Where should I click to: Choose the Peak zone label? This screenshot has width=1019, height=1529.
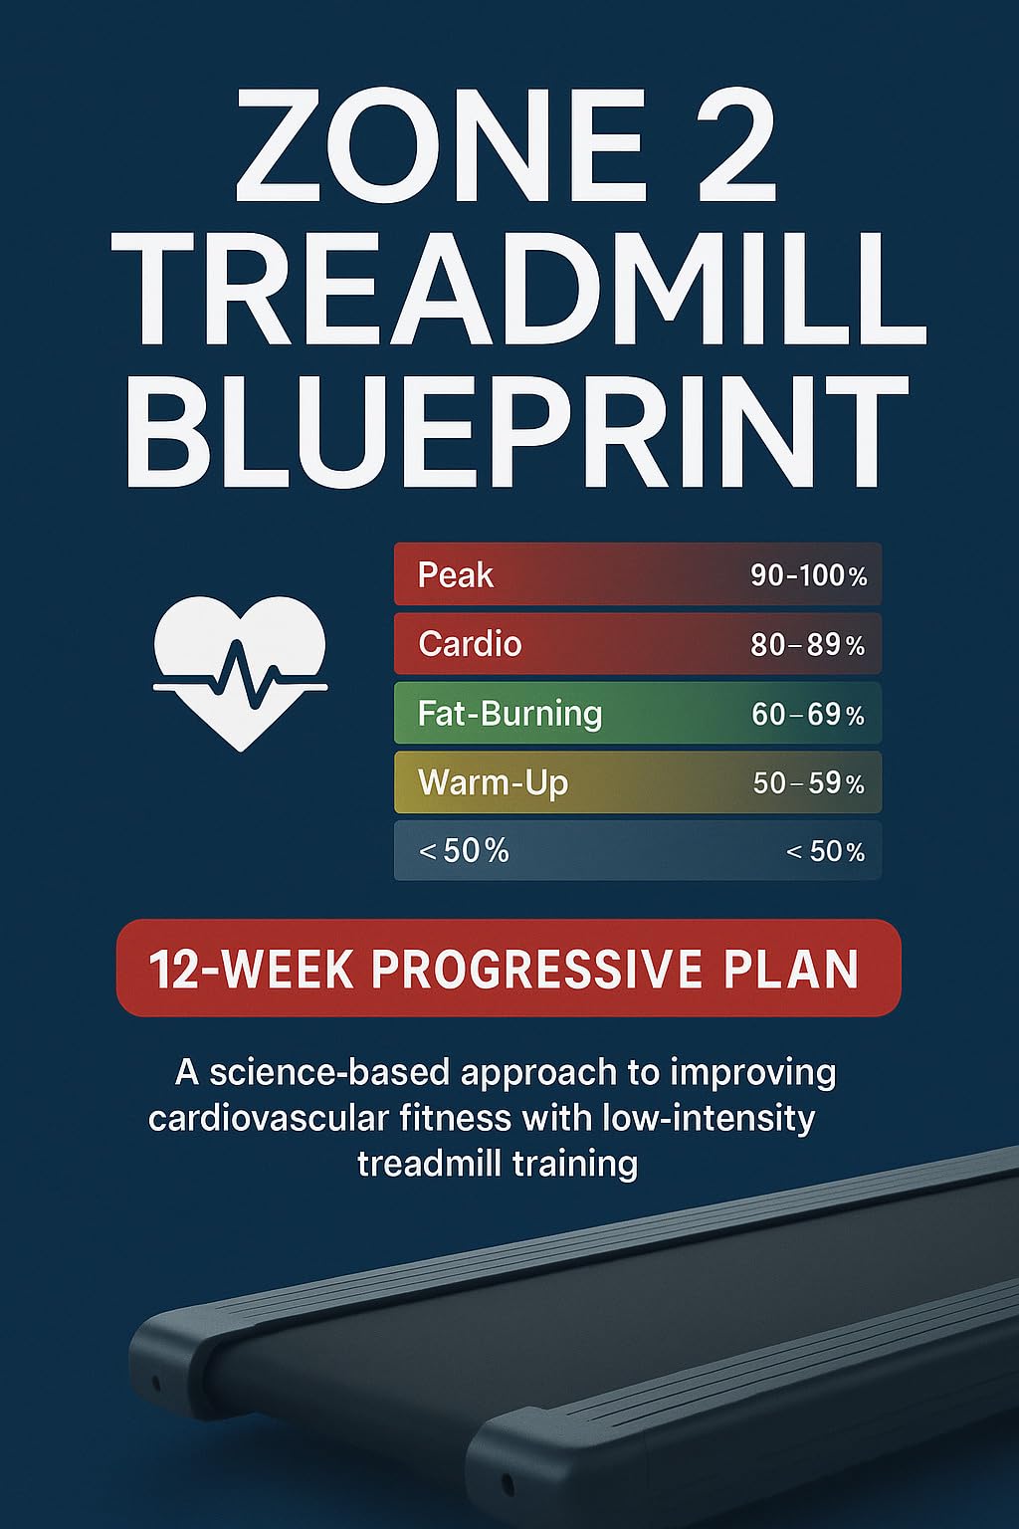pos(455,575)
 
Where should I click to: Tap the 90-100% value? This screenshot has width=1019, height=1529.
pos(808,575)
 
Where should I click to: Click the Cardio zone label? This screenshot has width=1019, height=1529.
pos(470,644)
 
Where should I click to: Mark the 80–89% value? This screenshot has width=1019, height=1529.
pos(807,645)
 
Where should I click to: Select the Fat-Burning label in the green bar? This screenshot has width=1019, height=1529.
pos(509,714)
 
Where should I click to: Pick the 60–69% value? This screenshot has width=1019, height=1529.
pos(807,715)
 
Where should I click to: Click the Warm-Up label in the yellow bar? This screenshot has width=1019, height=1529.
pos(493,782)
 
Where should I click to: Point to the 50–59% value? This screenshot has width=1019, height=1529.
pos(808,783)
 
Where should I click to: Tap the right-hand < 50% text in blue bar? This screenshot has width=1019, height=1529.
pos(825,851)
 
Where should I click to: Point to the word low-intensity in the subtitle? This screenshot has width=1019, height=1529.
pos(709,1118)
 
